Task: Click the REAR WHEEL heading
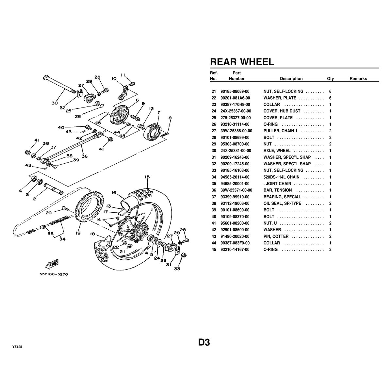tap(242, 62)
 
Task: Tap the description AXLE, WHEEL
tap(277, 151)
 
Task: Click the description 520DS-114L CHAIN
tap(281, 177)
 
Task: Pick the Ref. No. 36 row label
tap(214, 190)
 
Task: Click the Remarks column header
tap(358, 79)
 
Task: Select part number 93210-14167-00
tap(235, 250)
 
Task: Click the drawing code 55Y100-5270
tap(54, 275)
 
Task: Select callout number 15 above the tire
tap(147, 177)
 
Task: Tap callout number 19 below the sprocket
tap(78, 234)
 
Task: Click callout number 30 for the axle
tap(55, 103)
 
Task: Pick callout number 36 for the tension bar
tap(84, 156)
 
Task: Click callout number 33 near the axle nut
tap(177, 269)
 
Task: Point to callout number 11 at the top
tap(123, 75)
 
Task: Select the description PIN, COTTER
tap(276, 236)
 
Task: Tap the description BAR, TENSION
tap(278, 190)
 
